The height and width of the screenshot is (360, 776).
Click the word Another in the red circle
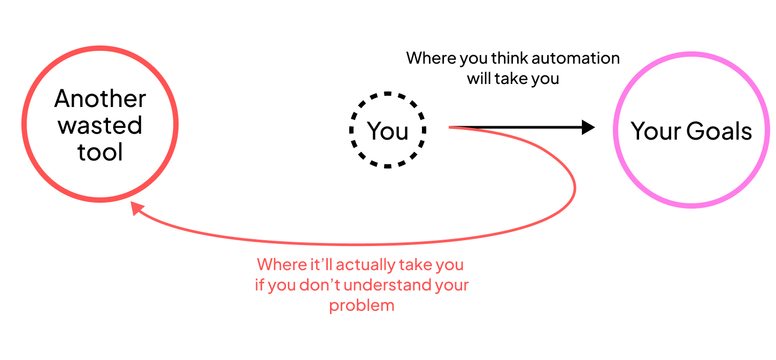pos(100,99)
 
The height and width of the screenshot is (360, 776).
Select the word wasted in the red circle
pos(100,126)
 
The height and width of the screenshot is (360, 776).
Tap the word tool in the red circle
pos(100,152)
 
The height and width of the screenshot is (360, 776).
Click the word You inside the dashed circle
pos(388,131)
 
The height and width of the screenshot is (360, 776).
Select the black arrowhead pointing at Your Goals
pos(588,127)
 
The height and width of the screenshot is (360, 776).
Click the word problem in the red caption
pos(362,305)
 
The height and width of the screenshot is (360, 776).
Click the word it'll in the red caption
pos(319,264)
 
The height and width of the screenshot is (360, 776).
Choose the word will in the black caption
pos(479,79)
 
